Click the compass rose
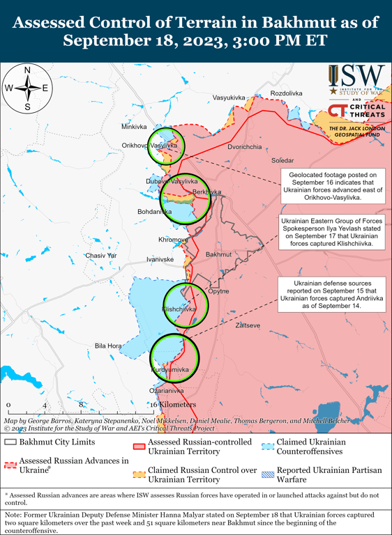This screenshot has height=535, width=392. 27,88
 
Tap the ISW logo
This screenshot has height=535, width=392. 356,79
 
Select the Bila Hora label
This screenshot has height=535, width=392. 108,346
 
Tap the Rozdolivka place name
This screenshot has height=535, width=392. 286,93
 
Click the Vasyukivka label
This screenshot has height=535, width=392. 229,98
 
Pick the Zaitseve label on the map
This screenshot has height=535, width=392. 248,325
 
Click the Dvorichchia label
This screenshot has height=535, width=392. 245,147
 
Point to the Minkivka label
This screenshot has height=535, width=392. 134,127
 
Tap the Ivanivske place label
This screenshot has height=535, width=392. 160,259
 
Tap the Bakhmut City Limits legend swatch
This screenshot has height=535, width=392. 10,442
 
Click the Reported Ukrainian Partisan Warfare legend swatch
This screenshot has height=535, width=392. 267,475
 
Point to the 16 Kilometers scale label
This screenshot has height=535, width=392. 174,405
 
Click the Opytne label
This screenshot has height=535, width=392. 218,290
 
